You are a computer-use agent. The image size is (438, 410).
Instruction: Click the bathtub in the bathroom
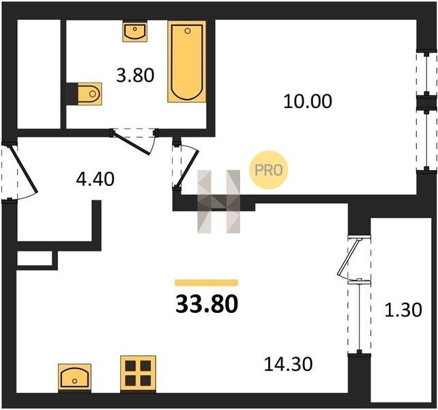[187, 61]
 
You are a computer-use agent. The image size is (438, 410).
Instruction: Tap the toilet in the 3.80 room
[89, 94]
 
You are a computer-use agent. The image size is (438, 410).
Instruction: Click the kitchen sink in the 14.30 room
[74, 377]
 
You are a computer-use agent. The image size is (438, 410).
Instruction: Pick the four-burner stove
[138, 373]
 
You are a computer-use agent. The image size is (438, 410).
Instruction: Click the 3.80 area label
[135, 76]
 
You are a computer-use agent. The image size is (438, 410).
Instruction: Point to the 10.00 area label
[308, 101]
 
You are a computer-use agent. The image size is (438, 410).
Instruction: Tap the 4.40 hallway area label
[96, 179]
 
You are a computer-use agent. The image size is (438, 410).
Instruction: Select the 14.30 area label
[289, 364]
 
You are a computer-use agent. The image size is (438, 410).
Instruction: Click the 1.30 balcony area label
[403, 310]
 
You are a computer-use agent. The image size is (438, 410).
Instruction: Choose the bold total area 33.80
[207, 304]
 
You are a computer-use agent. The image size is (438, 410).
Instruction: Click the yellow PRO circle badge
[268, 170]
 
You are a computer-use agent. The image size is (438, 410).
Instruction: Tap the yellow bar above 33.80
[207, 283]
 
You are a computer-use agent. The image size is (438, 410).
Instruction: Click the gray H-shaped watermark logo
[219, 202]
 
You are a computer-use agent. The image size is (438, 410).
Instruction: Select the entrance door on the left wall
[23, 169]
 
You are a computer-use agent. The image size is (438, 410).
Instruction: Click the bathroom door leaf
[131, 143]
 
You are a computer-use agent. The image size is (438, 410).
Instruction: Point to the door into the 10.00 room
[188, 167]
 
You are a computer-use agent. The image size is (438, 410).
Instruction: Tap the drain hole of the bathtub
[188, 31]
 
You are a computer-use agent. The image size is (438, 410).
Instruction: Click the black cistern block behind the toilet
[72, 94]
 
